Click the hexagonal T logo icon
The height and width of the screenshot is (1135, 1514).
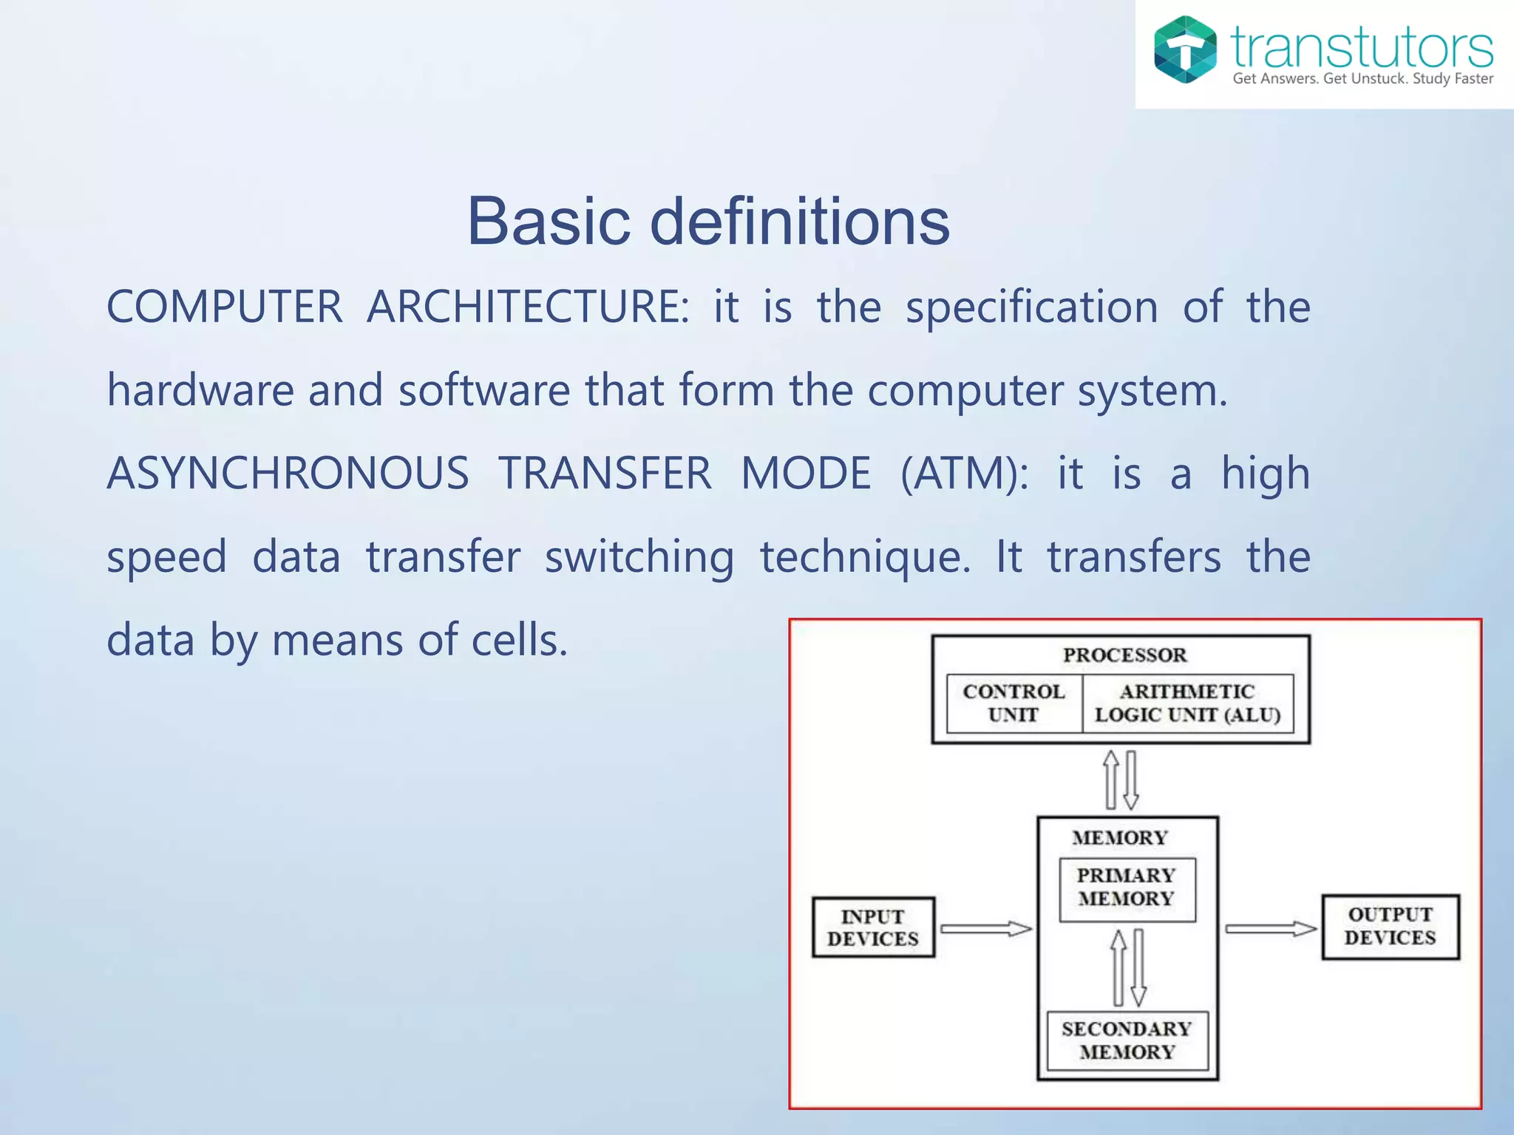pos(1185,50)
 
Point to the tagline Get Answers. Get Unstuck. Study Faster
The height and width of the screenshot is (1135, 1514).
pos(1362,79)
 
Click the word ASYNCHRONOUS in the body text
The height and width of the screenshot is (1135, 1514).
pos(288,473)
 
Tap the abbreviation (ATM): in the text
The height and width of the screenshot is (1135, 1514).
pos(964,473)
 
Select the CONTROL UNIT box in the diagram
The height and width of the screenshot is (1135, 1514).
pos(1014,703)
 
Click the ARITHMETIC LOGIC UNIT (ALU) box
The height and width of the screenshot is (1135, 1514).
pos(1187,703)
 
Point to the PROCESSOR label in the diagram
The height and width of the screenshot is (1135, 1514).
pos(1124,655)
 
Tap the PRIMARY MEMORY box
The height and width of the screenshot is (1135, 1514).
pos(1127,887)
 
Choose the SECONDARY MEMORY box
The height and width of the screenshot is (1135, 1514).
pos(1127,1040)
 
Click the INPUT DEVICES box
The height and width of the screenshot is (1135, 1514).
pos(873,927)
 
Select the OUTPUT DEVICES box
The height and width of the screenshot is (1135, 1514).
pos(1390,926)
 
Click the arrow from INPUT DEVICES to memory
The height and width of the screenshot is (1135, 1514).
pos(985,929)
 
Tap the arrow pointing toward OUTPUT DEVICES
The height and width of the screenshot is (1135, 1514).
pos(1270,928)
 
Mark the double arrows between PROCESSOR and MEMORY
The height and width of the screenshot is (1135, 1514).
pos(1121,780)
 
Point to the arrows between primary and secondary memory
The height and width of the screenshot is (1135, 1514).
pos(1129,967)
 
